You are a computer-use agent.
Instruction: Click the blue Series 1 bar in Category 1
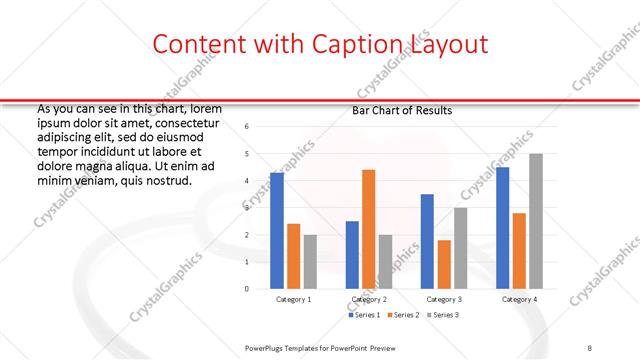(277, 231)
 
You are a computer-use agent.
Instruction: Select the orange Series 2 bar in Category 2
(368, 229)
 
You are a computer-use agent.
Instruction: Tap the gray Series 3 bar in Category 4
(536, 221)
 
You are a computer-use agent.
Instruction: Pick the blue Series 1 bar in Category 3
(427, 241)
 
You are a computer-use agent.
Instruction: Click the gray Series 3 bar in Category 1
(310, 262)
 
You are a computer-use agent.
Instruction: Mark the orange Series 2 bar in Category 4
(519, 251)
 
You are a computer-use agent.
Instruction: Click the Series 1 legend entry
(364, 316)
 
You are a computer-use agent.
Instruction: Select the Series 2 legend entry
(403, 316)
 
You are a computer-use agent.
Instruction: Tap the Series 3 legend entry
(442, 316)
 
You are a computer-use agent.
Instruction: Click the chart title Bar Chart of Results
(402, 110)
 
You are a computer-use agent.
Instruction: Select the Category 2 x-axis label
(369, 300)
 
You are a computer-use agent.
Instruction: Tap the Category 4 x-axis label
(519, 300)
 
